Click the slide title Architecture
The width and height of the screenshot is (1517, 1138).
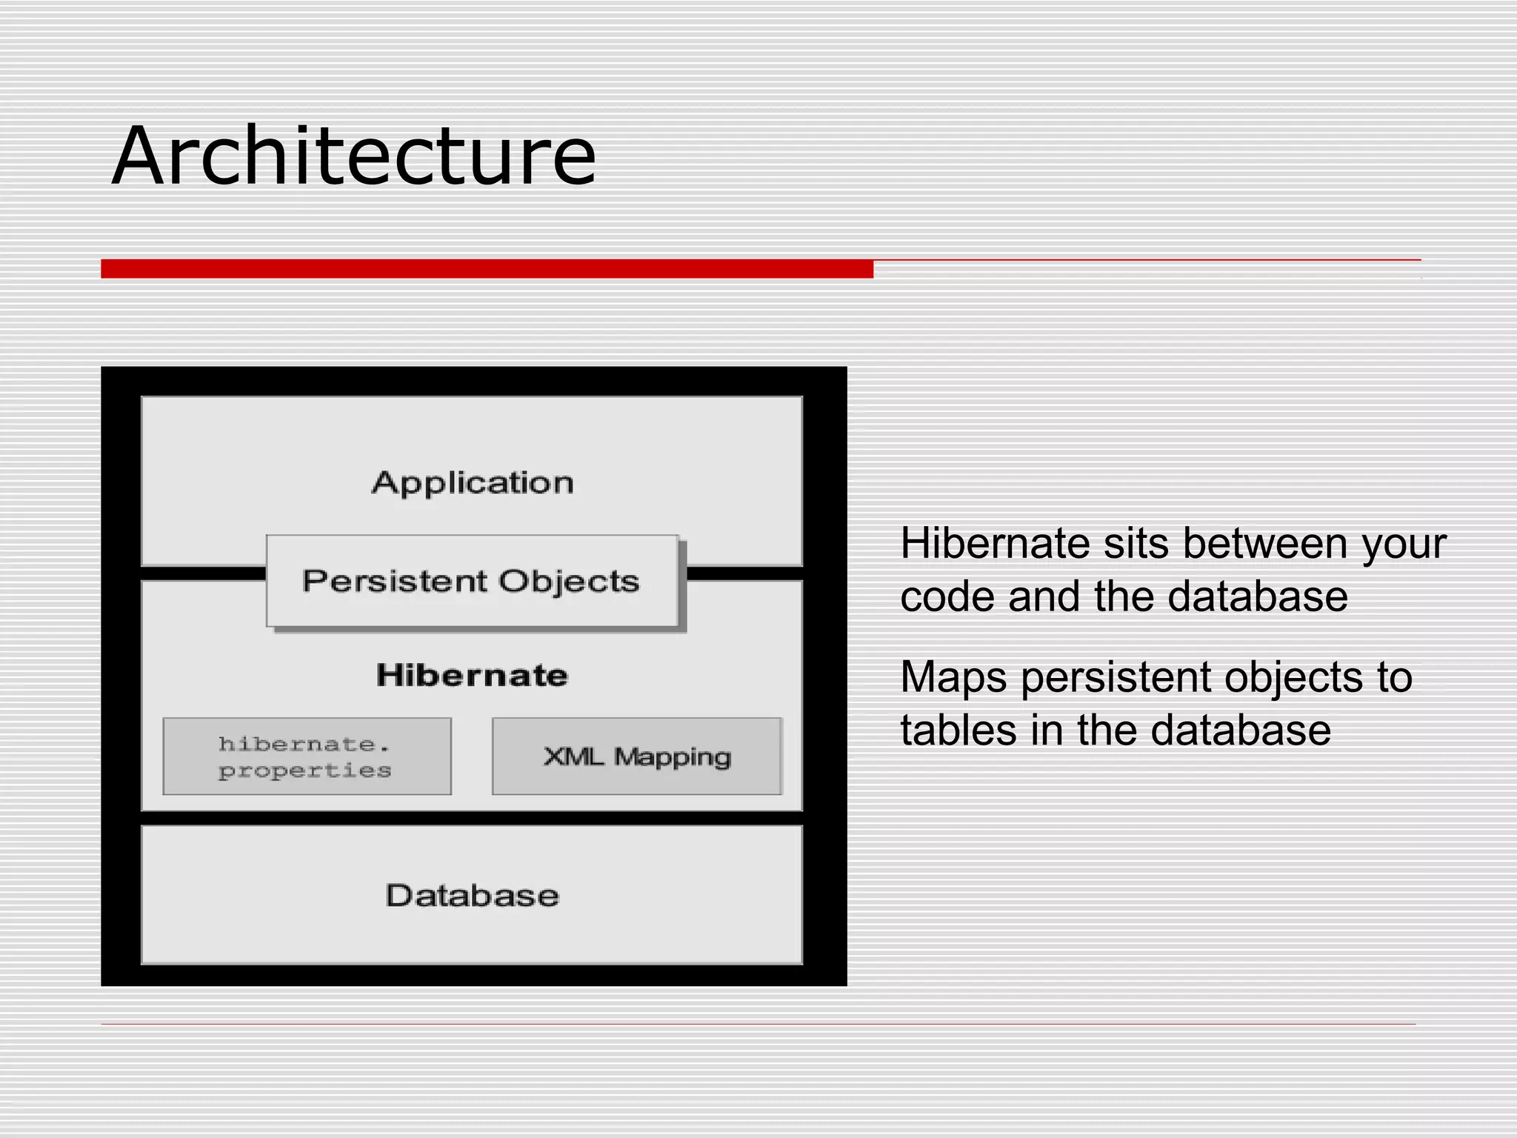point(354,156)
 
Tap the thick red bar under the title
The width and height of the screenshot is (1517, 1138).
point(487,269)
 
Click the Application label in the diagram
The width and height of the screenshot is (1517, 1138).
point(473,483)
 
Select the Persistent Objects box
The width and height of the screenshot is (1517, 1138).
point(472,582)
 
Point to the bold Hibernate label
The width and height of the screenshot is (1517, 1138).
point(472,676)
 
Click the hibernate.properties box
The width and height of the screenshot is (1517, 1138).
point(307,756)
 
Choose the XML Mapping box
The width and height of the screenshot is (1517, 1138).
point(636,756)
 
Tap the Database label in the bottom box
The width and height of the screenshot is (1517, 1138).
point(472,896)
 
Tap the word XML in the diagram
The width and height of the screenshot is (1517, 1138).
point(573,756)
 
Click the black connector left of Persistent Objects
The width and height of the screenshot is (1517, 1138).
point(203,573)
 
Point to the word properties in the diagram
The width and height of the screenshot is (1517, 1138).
point(304,771)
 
